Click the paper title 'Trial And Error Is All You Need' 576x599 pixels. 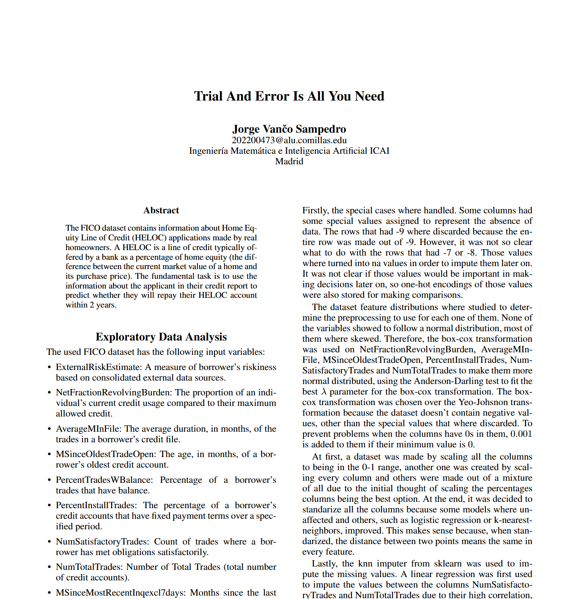point(289,96)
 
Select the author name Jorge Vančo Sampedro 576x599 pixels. point(289,129)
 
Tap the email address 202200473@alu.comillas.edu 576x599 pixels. point(289,140)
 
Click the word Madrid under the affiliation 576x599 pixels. point(289,161)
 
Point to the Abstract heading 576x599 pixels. point(161,210)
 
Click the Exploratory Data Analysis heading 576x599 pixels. point(161,337)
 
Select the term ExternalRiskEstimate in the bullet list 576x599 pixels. point(98,367)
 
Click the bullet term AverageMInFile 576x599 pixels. point(89,429)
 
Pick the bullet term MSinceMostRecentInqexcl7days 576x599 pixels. point(121,593)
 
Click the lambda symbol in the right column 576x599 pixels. point(324,392)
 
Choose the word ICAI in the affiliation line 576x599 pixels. point(379,151)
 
